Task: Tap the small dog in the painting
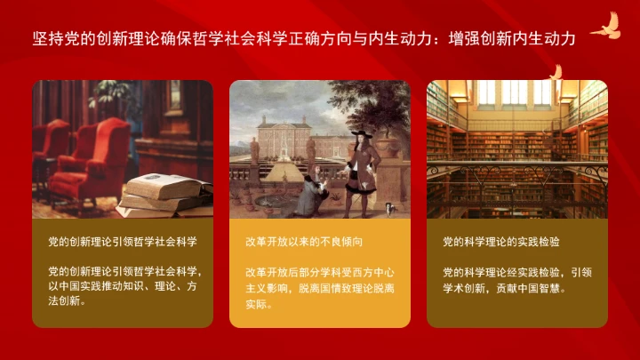[x=391, y=208]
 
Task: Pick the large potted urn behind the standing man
[x=388, y=142]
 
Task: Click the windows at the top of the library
[x=516, y=92]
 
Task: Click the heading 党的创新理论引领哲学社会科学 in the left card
[x=122, y=242]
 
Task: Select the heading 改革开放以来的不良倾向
[x=305, y=242]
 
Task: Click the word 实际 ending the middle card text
[x=258, y=304]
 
